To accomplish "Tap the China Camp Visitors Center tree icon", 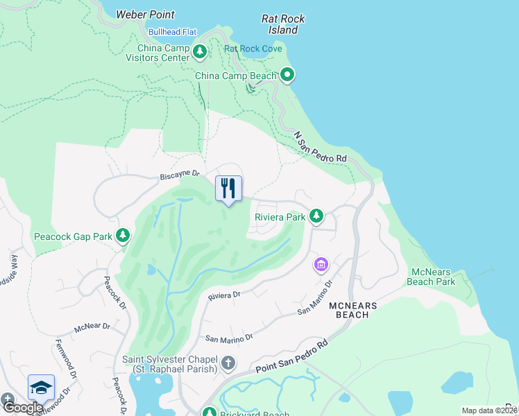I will coord(200,53).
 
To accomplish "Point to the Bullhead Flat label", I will coord(173,32).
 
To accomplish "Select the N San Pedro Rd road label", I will coord(320,148).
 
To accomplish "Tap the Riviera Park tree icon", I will coord(316,217).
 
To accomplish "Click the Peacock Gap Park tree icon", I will coord(123,236).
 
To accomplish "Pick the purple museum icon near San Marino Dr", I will coord(321,265).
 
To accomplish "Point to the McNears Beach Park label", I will coord(433,277).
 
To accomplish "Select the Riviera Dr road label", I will coord(224,295).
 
